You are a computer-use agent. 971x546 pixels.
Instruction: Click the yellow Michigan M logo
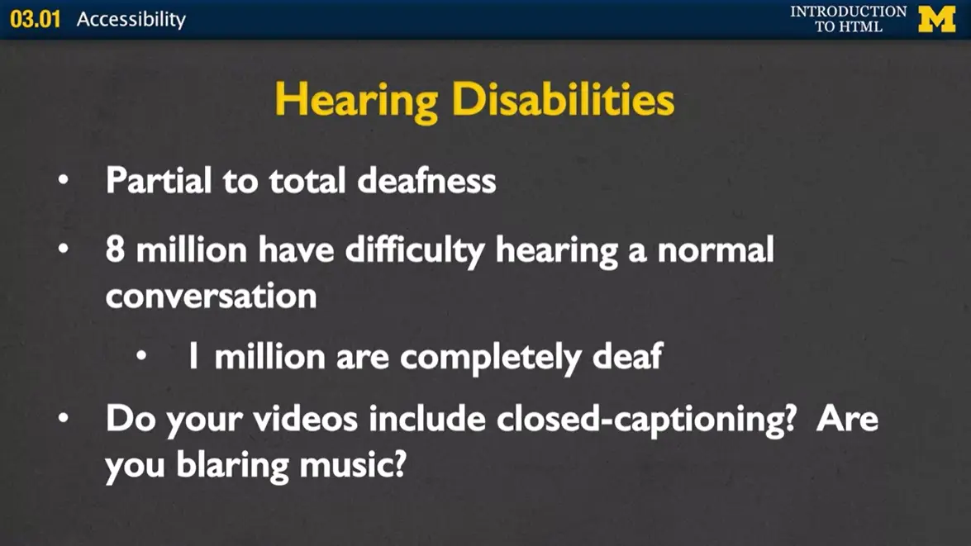coord(936,19)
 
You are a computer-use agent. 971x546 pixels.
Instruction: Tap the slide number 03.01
coord(36,19)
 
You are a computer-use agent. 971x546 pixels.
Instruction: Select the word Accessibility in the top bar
coord(131,19)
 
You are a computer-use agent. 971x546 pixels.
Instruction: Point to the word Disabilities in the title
coord(563,100)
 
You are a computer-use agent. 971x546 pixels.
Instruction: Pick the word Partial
coord(157,180)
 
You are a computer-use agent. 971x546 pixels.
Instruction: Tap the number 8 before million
coord(115,249)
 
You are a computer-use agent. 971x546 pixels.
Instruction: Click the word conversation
coord(211,296)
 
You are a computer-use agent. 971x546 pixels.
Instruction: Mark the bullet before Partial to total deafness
coord(64,180)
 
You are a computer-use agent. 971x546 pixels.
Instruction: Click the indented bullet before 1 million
coord(142,356)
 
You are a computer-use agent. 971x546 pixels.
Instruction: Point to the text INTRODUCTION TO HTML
coord(848,19)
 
